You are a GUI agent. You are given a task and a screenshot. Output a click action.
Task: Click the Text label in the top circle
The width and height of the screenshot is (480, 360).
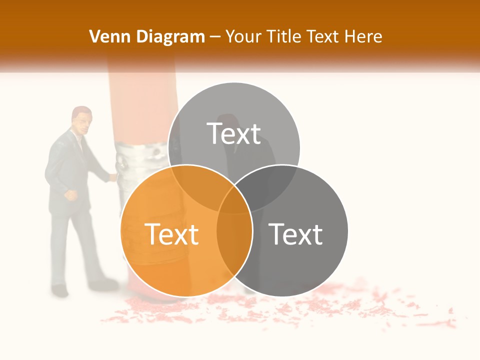pos(234,133)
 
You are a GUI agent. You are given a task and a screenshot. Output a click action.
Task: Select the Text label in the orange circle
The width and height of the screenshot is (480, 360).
pos(171,234)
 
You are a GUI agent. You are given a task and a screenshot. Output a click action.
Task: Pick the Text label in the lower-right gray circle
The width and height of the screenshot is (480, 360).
pos(296,234)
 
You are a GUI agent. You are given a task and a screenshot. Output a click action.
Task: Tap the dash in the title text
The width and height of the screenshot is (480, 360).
pos(215,36)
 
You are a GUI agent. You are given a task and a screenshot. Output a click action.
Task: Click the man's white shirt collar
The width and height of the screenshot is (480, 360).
pos(80,137)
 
